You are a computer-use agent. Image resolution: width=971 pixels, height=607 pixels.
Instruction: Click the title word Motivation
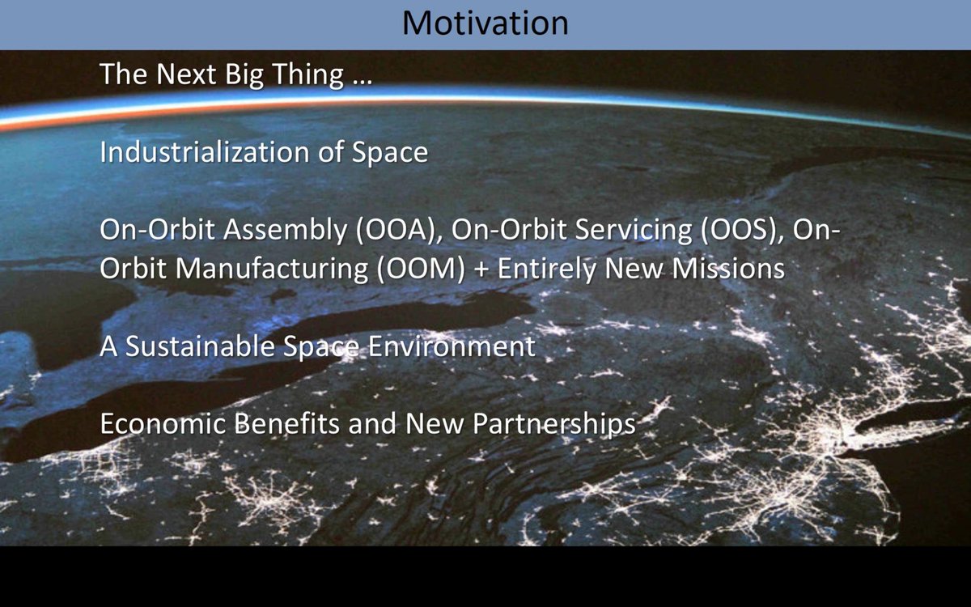pyautogui.click(x=485, y=23)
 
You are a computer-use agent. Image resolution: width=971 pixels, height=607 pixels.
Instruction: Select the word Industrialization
pyautogui.click(x=204, y=152)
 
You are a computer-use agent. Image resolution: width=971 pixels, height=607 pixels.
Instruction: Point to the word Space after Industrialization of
pyautogui.click(x=390, y=154)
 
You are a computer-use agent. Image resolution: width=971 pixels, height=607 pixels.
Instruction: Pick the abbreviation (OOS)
pyautogui.click(x=743, y=230)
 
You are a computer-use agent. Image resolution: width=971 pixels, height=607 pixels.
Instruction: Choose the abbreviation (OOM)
pyautogui.click(x=421, y=269)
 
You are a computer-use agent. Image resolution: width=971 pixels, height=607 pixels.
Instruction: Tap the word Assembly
pyautogui.click(x=285, y=230)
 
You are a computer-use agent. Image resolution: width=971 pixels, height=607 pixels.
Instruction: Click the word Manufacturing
pyautogui.click(x=272, y=270)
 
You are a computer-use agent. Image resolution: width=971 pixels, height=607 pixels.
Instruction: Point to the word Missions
pyautogui.click(x=728, y=269)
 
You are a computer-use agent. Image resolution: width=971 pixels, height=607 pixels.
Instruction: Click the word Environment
pyautogui.click(x=452, y=346)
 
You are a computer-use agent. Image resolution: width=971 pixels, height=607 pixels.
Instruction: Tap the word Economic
pyautogui.click(x=163, y=423)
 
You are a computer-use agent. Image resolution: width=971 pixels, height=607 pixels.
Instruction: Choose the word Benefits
pyautogui.click(x=287, y=423)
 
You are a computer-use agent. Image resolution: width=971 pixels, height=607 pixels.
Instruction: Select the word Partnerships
pyautogui.click(x=554, y=424)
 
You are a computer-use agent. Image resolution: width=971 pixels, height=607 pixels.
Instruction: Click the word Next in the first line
pyautogui.click(x=186, y=74)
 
